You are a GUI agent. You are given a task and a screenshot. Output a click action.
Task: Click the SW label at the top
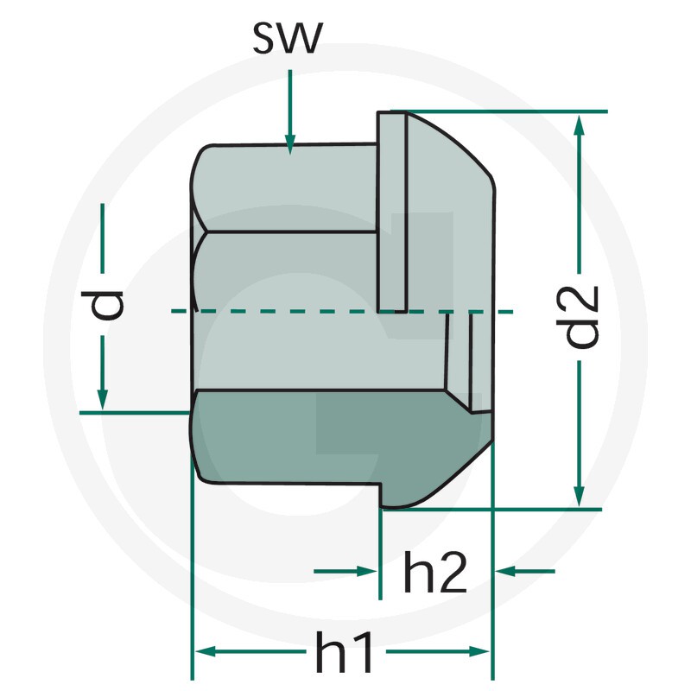click(288, 37)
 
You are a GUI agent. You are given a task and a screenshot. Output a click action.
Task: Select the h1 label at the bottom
click(345, 652)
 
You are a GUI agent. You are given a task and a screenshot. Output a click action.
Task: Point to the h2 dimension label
click(434, 572)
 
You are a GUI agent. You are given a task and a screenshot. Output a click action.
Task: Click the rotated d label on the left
click(102, 305)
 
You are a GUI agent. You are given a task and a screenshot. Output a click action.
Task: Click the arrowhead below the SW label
click(289, 145)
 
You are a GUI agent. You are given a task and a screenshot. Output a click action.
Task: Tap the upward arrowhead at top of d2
click(580, 125)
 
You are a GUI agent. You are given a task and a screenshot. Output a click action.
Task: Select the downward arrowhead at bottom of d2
click(580, 496)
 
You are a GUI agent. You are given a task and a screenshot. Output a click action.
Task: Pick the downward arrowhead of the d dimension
click(102, 400)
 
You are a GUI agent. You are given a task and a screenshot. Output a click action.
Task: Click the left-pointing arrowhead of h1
click(205, 651)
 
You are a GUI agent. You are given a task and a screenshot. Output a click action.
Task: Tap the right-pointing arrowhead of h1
click(479, 651)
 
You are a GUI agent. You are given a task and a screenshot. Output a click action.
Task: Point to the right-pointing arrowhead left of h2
click(366, 571)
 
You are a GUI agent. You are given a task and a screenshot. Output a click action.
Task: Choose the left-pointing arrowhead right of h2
click(506, 571)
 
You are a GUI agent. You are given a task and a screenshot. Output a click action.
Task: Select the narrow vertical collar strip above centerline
click(391, 212)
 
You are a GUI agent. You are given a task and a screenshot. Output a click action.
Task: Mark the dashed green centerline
click(342, 311)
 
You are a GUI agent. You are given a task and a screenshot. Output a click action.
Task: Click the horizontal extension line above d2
click(499, 111)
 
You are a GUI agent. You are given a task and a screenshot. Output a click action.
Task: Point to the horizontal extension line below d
click(135, 413)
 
